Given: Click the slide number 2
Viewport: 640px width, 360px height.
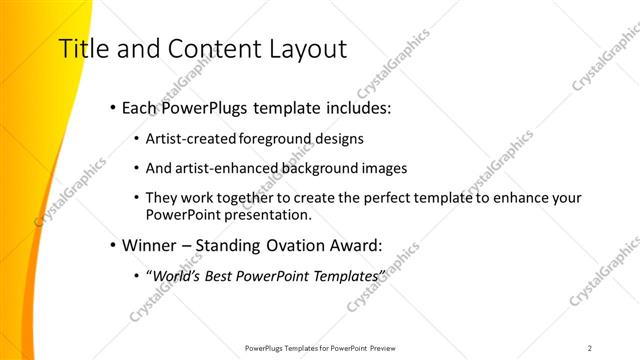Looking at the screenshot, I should (590, 348).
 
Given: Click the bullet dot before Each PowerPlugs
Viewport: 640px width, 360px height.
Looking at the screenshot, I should (112, 107).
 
